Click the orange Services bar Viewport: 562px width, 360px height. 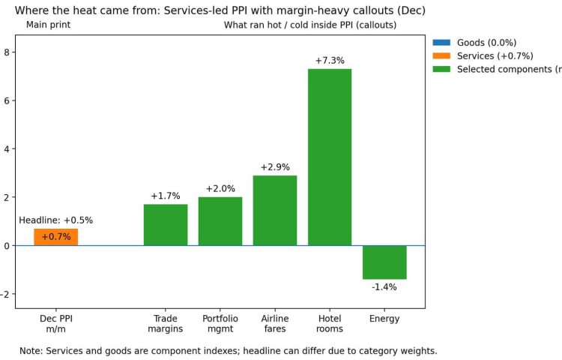(55, 237)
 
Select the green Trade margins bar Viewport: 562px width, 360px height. (166, 225)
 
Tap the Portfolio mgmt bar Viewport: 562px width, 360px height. (220, 221)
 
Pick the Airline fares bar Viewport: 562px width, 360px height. (275, 211)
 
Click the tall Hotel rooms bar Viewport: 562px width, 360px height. (330, 157)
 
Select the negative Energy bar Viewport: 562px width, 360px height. (384, 262)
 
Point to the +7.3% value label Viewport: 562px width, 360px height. (330, 61)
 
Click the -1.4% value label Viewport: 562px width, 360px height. (384, 287)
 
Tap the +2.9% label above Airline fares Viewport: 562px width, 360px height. (275, 167)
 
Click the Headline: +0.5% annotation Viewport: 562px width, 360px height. (56, 220)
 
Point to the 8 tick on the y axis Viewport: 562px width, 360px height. (7, 52)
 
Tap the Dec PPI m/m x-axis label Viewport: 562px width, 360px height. (56, 324)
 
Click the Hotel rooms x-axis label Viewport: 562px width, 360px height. (330, 324)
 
